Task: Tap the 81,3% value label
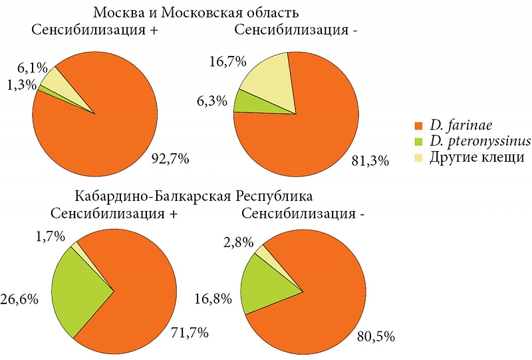pyautogui.click(x=370, y=160)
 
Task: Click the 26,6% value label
pyautogui.click(x=19, y=298)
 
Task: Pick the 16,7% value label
pyautogui.click(x=227, y=62)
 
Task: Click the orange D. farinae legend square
pyautogui.click(x=419, y=125)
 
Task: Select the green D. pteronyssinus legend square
pyautogui.click(x=419, y=141)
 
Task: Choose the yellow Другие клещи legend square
pyautogui.click(x=419, y=158)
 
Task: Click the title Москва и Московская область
pyautogui.click(x=196, y=13)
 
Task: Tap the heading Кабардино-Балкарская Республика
pyautogui.click(x=193, y=197)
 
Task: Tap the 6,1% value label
pyautogui.click(x=33, y=68)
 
